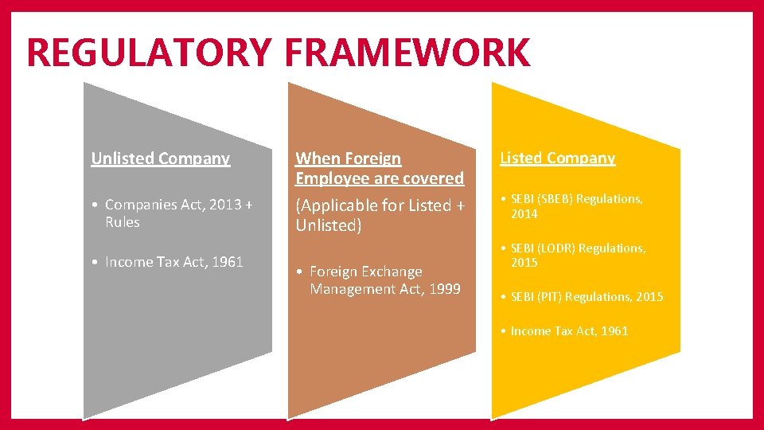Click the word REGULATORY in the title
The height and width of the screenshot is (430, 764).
(x=149, y=53)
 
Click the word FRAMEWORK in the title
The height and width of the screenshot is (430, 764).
(x=406, y=53)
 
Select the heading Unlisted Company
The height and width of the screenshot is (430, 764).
(x=161, y=158)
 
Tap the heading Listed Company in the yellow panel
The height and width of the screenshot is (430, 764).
(x=557, y=158)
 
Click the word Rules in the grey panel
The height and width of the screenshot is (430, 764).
(x=122, y=222)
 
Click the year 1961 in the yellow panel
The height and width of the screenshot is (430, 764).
(x=614, y=330)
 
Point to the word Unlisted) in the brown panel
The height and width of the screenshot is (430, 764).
(x=329, y=225)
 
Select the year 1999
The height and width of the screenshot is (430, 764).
(x=443, y=289)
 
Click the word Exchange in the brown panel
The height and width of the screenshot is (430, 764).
(x=390, y=272)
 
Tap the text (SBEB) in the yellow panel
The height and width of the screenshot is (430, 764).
(x=557, y=198)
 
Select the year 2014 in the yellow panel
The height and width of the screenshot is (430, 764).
(x=524, y=213)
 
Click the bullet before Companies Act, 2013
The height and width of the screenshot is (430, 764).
(x=95, y=205)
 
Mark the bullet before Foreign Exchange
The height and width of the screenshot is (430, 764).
(x=299, y=272)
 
